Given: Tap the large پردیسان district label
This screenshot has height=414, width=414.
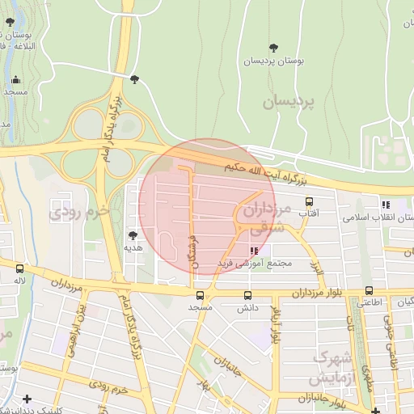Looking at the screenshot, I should pos(292,102).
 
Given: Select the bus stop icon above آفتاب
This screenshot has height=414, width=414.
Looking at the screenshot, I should pos(308,201).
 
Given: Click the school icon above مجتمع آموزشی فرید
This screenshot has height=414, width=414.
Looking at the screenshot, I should pos(255,251).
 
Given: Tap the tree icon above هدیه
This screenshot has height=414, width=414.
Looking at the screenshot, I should pos(133,235).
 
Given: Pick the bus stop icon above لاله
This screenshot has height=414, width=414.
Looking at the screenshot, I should pos(19,268).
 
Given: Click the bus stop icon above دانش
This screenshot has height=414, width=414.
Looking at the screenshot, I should pos(247,294).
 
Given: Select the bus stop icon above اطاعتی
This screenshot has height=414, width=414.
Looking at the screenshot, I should pos(369,290).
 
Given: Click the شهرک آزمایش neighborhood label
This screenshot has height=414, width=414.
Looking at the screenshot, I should pos(332,368).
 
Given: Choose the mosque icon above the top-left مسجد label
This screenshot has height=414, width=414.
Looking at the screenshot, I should pos(16,80).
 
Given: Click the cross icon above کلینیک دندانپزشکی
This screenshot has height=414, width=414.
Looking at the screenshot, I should pos(27,398).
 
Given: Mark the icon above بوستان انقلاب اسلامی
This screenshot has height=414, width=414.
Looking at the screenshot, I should pos(386,205).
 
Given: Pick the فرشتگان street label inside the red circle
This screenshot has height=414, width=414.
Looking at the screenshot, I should pos(192,251).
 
